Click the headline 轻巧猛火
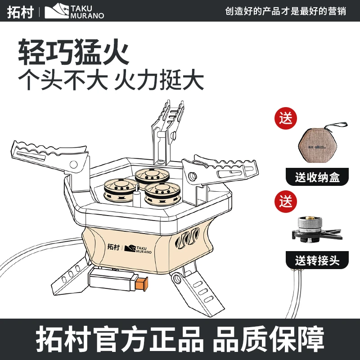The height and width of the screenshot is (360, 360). [73, 53]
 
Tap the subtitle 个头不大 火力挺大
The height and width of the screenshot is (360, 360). [111, 81]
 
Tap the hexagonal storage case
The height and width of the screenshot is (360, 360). [318, 145]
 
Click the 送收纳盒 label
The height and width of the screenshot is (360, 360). [317, 177]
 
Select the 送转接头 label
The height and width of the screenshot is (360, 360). [317, 260]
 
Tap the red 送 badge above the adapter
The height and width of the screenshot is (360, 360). [286, 201]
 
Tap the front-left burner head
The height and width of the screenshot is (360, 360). [119, 189]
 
